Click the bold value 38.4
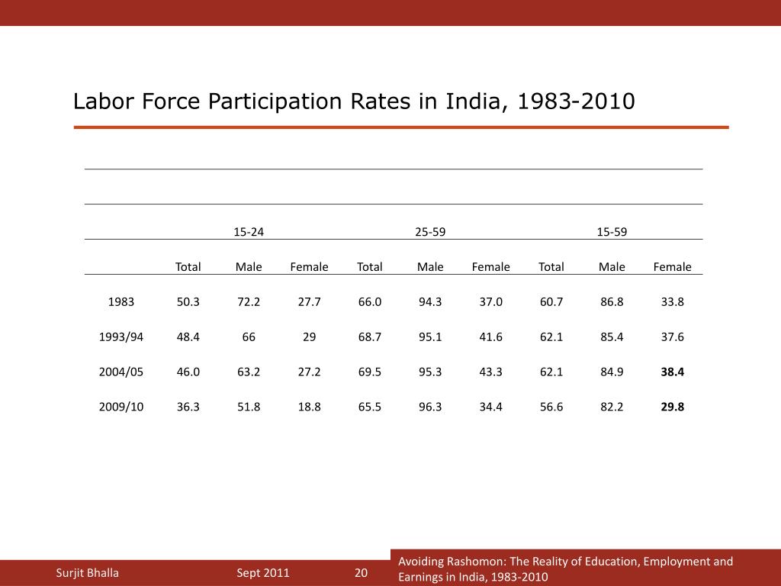673,372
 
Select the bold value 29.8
673,407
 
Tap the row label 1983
121,301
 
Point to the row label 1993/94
121,336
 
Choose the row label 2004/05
121,372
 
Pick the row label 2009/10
121,407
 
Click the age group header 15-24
249,231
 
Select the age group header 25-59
430,231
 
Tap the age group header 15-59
612,231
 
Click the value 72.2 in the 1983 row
249,301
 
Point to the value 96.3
430,407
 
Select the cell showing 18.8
309,407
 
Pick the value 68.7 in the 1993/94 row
370,336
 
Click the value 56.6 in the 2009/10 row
551,407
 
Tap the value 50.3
188,301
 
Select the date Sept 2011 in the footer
263,573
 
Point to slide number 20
362,573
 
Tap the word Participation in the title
280,101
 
